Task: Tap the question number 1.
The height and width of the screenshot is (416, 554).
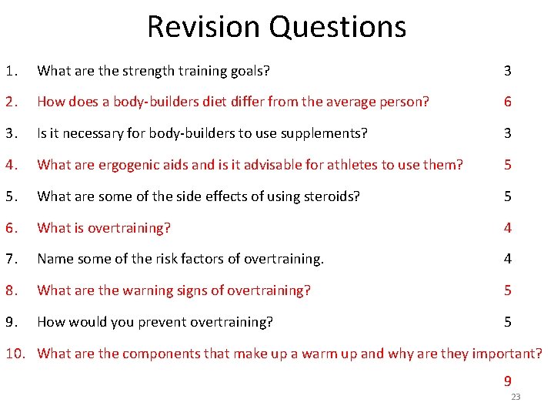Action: tap(11, 71)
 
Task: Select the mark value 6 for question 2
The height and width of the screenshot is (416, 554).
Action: tap(507, 102)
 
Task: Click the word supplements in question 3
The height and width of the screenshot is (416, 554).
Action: tap(313, 133)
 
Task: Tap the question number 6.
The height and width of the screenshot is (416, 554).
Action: tap(11, 227)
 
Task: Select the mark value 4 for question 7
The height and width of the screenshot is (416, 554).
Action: tap(507, 259)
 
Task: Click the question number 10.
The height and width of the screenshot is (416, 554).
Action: tap(16, 354)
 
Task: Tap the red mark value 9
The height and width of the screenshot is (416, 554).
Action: tap(507, 381)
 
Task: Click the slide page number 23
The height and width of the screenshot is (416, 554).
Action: tap(516, 397)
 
